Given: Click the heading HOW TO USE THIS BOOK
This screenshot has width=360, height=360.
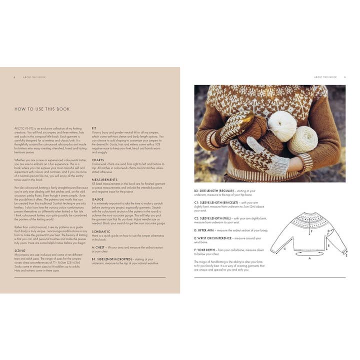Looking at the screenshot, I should [41, 109].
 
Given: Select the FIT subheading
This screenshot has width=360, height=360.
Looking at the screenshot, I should [94, 128].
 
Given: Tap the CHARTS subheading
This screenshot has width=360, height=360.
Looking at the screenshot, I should [98, 160].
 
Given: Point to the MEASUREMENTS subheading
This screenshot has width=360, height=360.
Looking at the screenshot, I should [104, 179].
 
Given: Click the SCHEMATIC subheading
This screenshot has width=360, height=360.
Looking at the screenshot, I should [101, 231].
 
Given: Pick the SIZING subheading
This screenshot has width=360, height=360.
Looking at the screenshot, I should [20, 251].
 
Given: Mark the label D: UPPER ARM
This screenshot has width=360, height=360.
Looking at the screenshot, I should [205, 230].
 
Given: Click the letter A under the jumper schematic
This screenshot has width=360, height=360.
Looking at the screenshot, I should [309, 258].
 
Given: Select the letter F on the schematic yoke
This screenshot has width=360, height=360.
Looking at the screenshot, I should [311, 231].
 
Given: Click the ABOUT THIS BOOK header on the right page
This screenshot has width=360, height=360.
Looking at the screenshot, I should [325, 77].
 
